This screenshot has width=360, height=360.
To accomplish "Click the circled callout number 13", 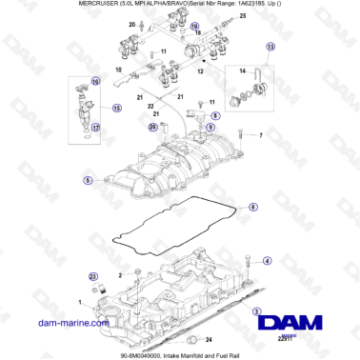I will click(270, 46).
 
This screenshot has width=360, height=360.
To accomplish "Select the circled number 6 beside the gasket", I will click(252, 207).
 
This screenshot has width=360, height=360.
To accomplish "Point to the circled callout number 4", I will click(267, 260).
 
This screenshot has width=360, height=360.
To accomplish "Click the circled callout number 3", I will click(255, 311).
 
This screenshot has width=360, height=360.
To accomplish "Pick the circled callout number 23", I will click(92, 277).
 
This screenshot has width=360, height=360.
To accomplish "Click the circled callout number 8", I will click(214, 116).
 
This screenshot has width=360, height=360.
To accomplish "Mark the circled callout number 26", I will click(152, 127).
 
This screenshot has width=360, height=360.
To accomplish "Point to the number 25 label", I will click(241, 17).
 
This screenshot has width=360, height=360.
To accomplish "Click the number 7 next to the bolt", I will click(258, 136).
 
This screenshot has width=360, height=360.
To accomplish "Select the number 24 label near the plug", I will click(210, 339).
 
